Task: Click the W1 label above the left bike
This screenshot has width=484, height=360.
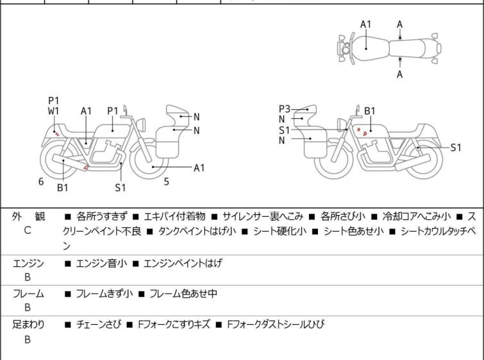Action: tap(54, 110)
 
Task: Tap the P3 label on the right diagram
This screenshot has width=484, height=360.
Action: tap(285, 109)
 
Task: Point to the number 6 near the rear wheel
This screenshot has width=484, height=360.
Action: tap(41, 182)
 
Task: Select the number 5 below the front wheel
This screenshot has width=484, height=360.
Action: tap(166, 182)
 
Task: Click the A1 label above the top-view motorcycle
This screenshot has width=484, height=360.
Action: tap(365, 24)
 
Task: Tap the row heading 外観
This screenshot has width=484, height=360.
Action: tap(28, 216)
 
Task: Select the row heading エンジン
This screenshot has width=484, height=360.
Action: tap(28, 263)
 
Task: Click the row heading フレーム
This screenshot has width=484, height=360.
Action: tap(28, 294)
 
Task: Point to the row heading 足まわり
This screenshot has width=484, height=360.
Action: tap(28, 325)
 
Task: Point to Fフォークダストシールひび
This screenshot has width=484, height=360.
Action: tap(276, 325)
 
